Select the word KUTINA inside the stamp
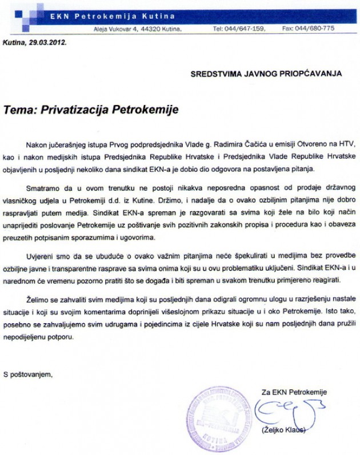pos(219,441)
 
